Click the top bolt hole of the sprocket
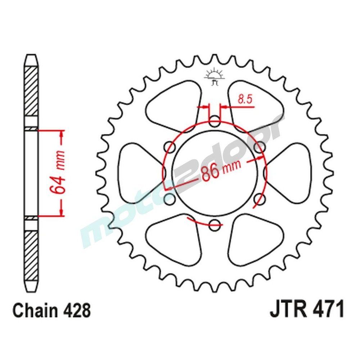215,121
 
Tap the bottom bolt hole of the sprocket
215,223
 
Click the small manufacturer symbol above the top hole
215,76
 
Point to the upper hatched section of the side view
31,90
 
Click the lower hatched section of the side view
31,256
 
